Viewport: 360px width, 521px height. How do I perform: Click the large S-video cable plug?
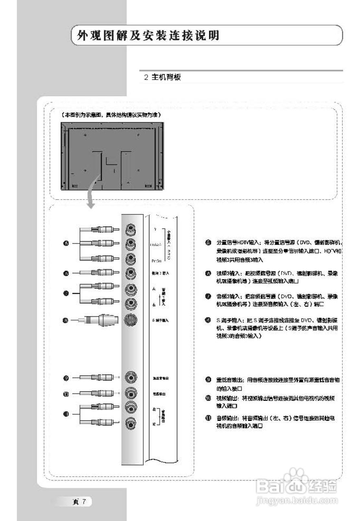click(102, 320)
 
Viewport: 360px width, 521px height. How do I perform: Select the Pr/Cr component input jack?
click(131, 258)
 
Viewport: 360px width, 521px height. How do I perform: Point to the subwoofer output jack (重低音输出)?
click(131, 378)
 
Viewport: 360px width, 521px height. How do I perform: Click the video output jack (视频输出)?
click(131, 393)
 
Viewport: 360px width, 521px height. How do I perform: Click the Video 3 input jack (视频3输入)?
click(131, 272)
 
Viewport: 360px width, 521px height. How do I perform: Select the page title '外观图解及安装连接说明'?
click(148, 35)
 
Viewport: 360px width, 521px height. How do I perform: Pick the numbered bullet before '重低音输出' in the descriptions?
click(208, 379)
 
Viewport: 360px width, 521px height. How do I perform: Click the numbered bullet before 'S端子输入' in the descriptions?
click(208, 321)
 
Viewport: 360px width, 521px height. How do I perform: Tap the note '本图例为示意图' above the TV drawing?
click(111, 115)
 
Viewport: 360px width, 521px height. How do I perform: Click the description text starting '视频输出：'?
click(277, 401)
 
